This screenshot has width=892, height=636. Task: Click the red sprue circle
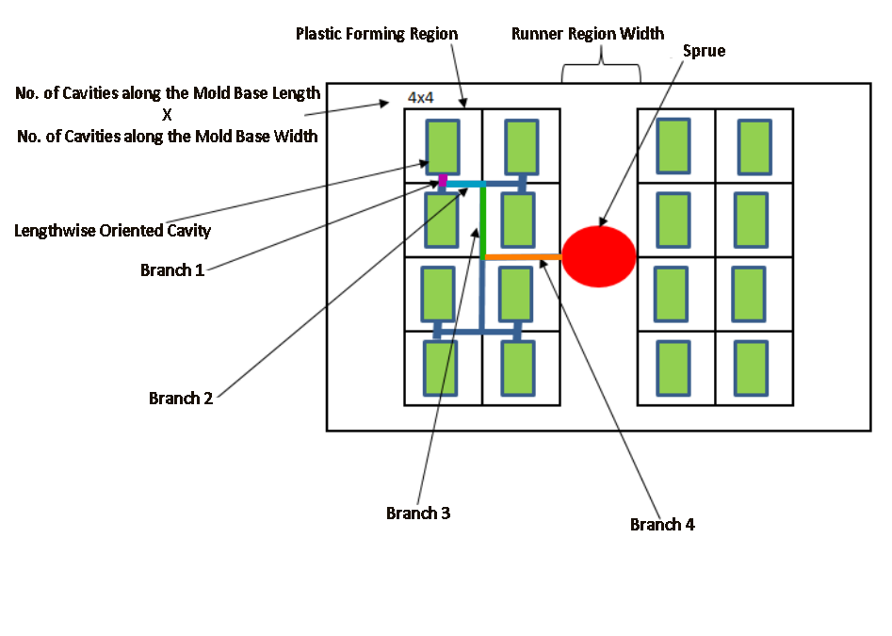point(599,256)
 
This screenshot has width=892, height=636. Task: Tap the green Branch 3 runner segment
point(482,221)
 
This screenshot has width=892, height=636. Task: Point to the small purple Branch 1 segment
point(443,180)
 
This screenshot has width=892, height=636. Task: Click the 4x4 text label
point(420,97)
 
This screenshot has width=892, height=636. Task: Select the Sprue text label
point(704,51)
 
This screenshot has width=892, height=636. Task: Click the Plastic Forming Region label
point(377,34)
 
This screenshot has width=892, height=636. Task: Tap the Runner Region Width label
point(588,34)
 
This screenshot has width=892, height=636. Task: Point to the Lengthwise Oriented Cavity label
point(113,230)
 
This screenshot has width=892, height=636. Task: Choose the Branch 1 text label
point(172,270)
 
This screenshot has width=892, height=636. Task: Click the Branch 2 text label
point(181,398)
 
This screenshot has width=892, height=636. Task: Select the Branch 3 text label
point(418,514)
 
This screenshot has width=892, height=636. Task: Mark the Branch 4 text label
point(662,525)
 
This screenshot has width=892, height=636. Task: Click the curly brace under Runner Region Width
point(601,73)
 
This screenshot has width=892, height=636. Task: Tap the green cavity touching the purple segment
point(443,147)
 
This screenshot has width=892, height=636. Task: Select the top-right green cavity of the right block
point(754,147)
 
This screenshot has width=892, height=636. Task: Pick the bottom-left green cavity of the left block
point(440,367)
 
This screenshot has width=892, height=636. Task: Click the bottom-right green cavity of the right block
point(752,367)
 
